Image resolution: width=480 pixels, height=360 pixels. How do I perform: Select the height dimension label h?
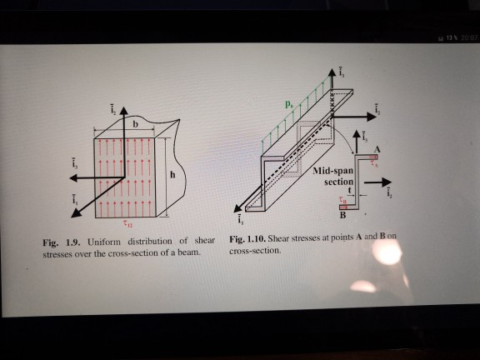click(173, 175)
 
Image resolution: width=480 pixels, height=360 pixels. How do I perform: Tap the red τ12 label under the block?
click(126, 222)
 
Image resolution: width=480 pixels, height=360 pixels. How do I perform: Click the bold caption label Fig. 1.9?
click(61, 242)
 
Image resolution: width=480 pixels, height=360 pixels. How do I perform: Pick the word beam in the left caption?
click(191, 252)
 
